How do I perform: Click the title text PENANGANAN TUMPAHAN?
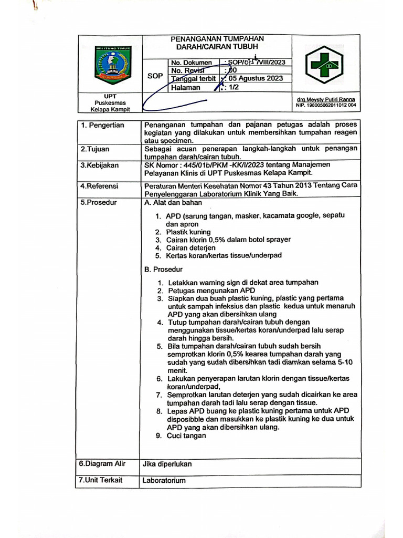[x=218, y=39]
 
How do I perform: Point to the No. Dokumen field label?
[x=191, y=63]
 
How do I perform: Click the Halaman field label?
[x=185, y=88]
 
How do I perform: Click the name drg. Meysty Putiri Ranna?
[x=326, y=99]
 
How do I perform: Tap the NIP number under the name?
[x=326, y=105]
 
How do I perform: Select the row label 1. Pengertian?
[x=102, y=125]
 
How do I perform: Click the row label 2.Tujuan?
[x=95, y=149]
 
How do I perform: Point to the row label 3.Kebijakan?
[x=100, y=165]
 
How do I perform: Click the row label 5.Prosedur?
[x=99, y=202]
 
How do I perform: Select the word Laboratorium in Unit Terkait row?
[x=164, y=480]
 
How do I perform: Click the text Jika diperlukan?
[x=167, y=464]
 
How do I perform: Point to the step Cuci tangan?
[x=186, y=436]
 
